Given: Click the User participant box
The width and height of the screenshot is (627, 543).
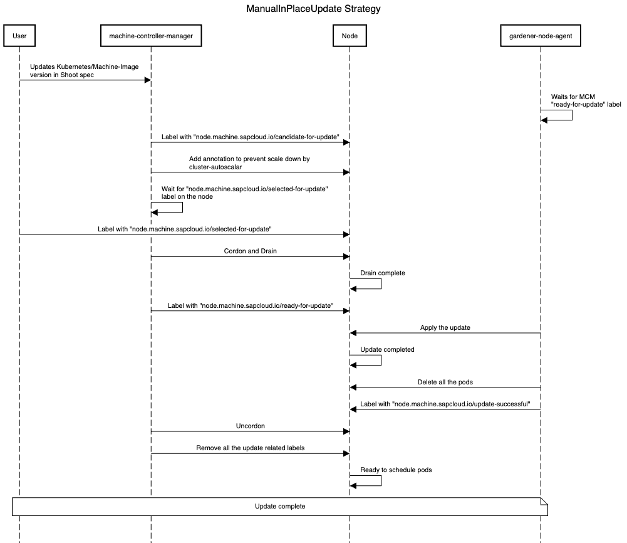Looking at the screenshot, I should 19,36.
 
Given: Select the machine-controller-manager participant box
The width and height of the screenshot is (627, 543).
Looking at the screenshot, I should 151,36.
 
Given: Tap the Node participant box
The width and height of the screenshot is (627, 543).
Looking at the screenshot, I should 350,36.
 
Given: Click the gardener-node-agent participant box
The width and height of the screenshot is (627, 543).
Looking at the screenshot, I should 541,36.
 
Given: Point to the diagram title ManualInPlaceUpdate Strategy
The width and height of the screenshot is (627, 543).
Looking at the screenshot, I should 313,9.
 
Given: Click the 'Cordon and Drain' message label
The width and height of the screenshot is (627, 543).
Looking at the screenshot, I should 250,250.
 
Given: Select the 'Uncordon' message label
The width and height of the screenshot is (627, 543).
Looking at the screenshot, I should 250,426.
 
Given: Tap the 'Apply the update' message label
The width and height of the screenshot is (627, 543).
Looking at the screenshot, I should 445,327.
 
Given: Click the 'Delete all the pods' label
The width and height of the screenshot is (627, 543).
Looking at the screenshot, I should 445,382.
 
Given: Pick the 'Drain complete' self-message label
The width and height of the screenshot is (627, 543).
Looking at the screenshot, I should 382,273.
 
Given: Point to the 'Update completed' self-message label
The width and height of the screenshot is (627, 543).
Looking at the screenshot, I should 386,349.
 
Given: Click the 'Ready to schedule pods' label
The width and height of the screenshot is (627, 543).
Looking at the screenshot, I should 395,470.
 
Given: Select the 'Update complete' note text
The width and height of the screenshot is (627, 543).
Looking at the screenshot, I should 280,506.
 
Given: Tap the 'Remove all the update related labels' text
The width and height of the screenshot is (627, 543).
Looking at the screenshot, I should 250,448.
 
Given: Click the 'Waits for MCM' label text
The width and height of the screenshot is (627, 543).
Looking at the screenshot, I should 573,97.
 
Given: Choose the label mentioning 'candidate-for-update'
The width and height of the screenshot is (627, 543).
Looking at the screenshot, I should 250,136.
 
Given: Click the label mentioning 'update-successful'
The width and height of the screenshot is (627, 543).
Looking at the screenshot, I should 450,404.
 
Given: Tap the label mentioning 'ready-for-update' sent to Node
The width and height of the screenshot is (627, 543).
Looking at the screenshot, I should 250,305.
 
